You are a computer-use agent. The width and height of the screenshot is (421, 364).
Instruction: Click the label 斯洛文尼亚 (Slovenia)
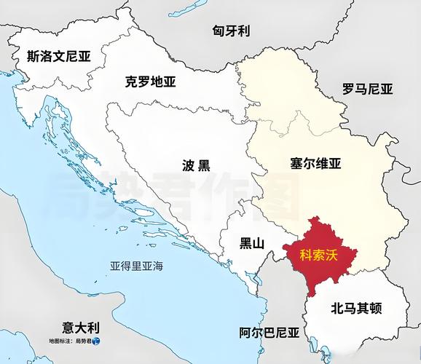coord(58,55)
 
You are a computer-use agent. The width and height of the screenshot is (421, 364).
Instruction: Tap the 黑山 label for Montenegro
coord(252,243)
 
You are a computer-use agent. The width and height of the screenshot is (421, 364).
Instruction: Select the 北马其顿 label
coord(357,308)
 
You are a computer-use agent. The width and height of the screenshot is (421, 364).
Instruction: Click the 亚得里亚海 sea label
coord(136,266)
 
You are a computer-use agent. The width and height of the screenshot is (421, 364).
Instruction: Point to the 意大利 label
coord(81,328)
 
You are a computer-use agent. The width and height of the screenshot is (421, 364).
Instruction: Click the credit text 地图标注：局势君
coord(69,341)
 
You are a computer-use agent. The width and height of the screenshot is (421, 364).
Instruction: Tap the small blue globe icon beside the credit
coord(95,341)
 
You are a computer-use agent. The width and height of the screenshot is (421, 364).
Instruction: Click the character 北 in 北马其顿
coord(337,308)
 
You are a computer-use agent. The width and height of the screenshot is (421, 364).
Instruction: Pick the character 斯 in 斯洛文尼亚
coord(33,55)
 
